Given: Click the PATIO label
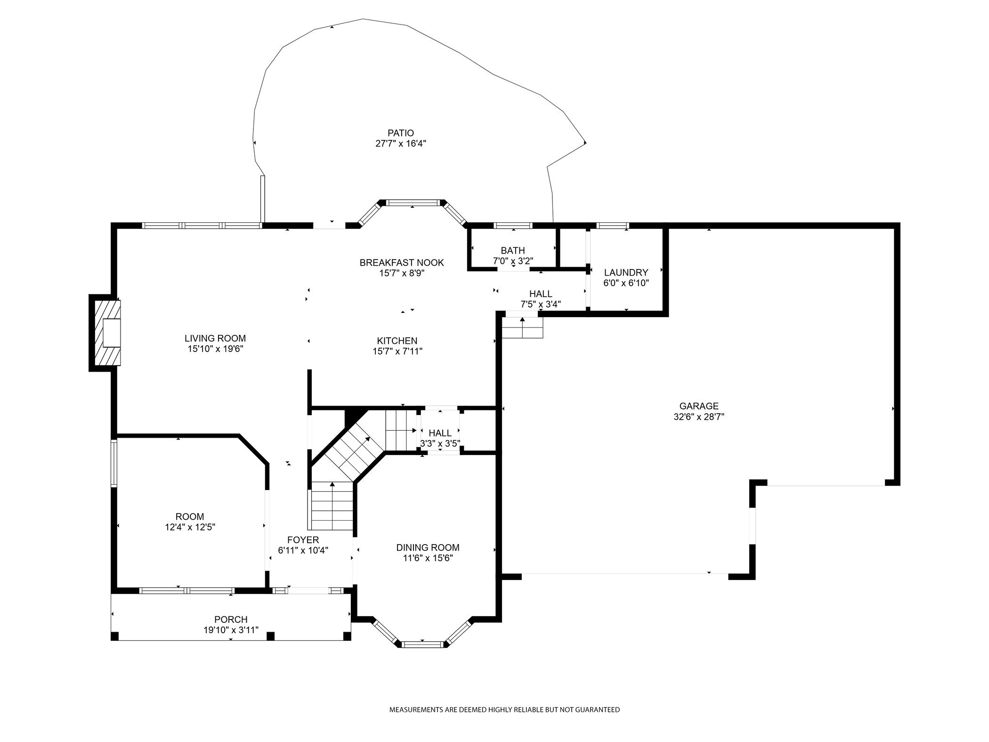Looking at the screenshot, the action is click(401, 133).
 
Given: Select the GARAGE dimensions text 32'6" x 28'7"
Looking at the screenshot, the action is click(699, 416).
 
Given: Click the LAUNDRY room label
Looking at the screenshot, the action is click(626, 272).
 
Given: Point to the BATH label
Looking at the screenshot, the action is click(513, 250).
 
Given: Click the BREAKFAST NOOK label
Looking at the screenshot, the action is click(402, 262).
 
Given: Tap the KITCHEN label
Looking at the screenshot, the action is click(397, 341).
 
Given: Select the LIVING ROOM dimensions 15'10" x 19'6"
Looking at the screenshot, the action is click(215, 349).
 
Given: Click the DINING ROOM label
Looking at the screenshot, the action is click(428, 547).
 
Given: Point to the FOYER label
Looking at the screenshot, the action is click(303, 540).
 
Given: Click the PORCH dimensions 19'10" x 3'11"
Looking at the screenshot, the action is click(231, 630).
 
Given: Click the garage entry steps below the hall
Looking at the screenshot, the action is click(522, 327).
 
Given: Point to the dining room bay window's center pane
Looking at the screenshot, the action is click(422, 644).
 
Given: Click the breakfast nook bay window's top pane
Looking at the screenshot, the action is click(413, 203).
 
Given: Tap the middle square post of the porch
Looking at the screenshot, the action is click(270, 636).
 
